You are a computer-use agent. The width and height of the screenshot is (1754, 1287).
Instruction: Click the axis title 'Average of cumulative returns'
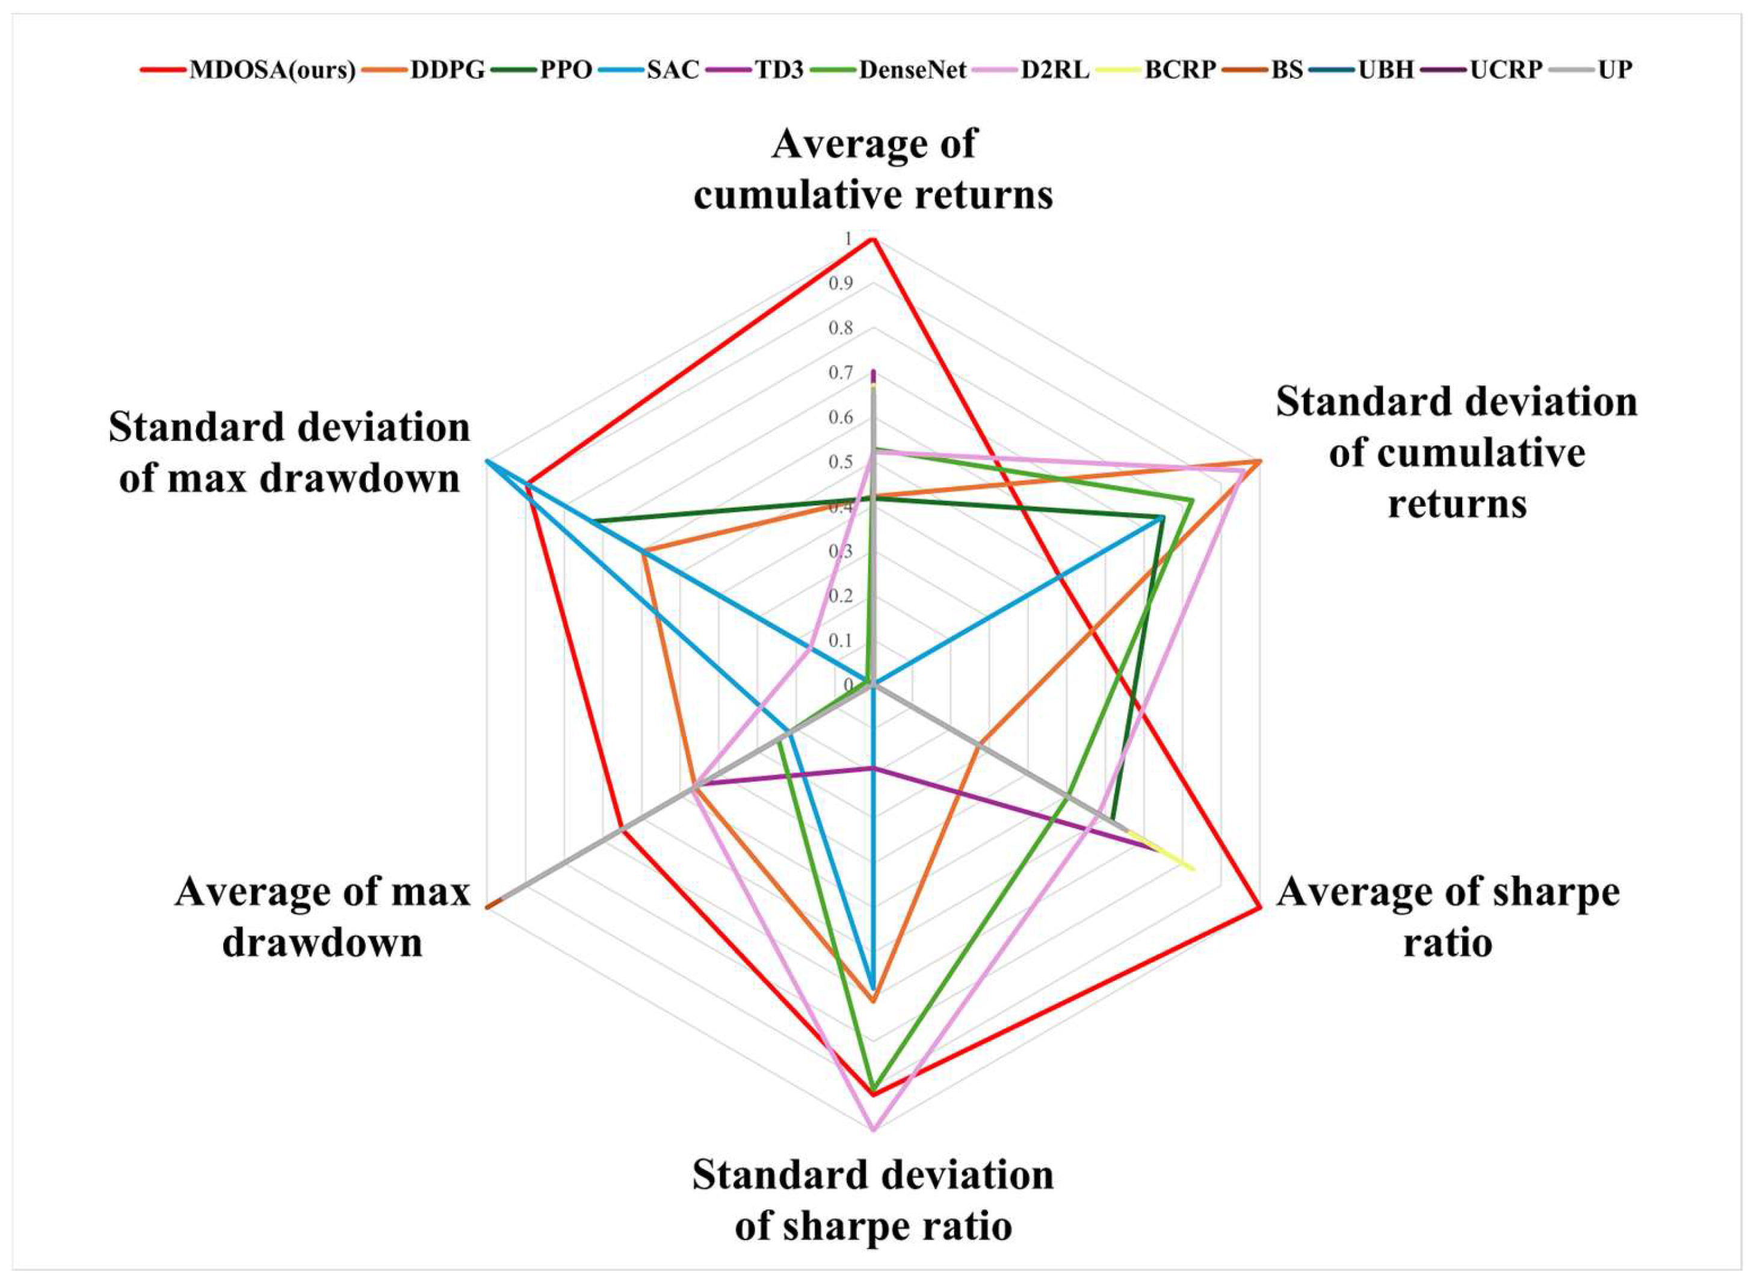[873, 169]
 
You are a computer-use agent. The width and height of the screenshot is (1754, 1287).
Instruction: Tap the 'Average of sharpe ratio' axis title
[1448, 917]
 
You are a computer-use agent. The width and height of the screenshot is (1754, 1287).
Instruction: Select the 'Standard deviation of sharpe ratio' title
[873, 1200]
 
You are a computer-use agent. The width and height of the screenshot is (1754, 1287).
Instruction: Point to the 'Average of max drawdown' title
[323, 917]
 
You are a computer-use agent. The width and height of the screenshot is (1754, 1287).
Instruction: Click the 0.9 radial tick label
[841, 283]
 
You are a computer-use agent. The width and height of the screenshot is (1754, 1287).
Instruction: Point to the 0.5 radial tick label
[841, 462]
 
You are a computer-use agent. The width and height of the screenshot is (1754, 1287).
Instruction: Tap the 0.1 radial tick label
[841, 640]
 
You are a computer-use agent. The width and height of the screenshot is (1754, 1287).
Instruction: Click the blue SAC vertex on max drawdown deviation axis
[487, 461]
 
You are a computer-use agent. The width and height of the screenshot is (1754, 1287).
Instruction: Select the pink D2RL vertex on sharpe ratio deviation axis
[873, 1129]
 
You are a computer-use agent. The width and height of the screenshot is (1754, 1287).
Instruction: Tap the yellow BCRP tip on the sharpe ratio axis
[1193, 868]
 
